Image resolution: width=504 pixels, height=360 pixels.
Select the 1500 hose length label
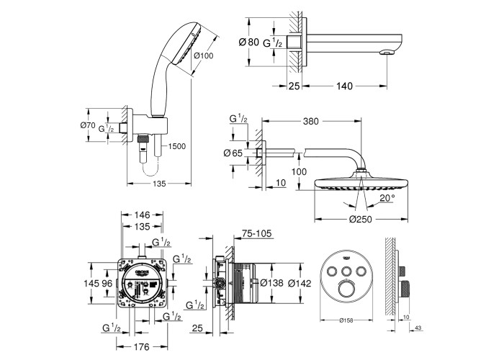(x=176, y=146)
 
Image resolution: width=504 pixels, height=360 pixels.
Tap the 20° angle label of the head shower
(x=388, y=197)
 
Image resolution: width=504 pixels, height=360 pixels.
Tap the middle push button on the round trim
(x=343, y=271)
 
